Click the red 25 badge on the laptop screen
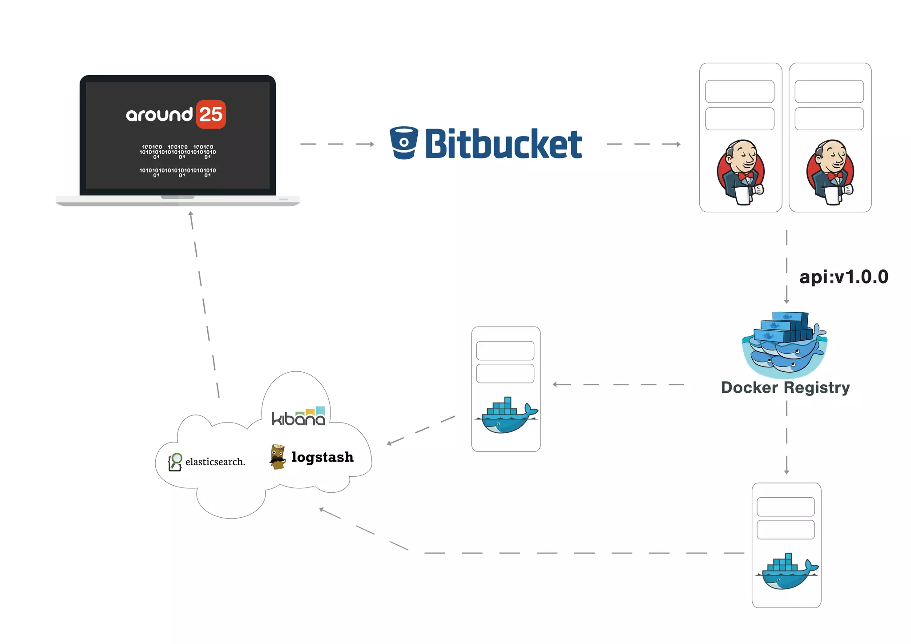click(x=211, y=114)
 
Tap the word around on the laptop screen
click(x=159, y=115)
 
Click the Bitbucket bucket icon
click(x=403, y=143)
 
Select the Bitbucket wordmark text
click(x=503, y=144)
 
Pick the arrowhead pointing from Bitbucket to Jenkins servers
click(x=677, y=144)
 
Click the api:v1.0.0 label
click(x=843, y=277)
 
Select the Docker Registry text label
click(x=785, y=387)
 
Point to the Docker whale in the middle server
click(x=507, y=415)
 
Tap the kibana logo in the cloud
click(x=298, y=417)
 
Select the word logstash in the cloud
click(x=322, y=457)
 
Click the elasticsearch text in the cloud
click(x=215, y=462)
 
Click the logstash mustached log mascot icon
click(x=278, y=456)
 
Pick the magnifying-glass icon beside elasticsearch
click(x=175, y=462)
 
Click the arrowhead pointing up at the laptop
click(x=190, y=214)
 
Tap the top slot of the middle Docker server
click(x=505, y=350)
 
